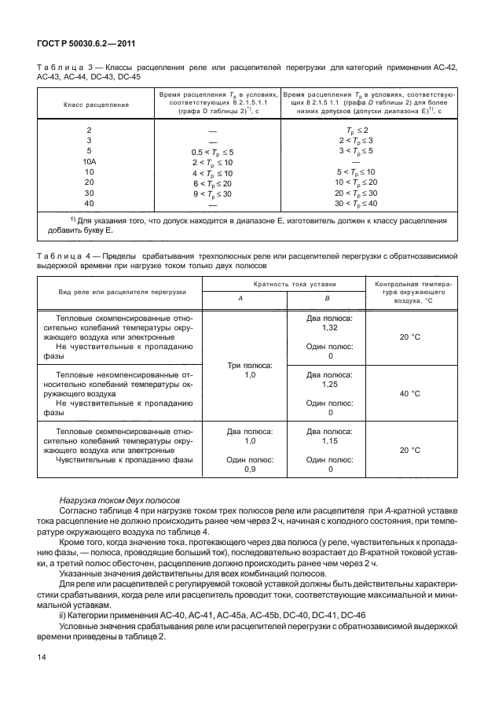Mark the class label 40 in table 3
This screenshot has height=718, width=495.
coord(89,204)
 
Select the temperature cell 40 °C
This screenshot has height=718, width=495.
coord(409,393)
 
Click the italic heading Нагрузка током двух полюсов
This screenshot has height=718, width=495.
coord(120,499)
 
